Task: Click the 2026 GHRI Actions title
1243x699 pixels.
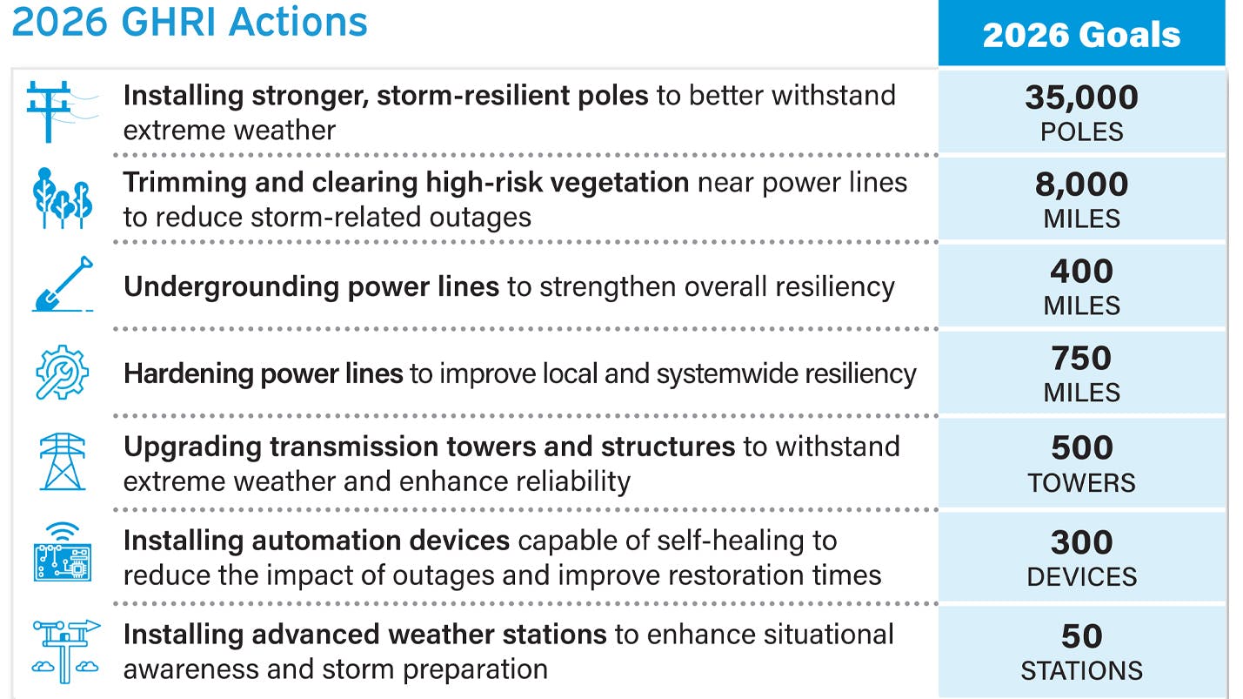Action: [190, 21]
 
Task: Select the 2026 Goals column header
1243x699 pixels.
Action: [1081, 35]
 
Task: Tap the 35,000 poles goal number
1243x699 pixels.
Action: [1081, 97]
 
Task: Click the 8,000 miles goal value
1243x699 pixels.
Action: [1081, 185]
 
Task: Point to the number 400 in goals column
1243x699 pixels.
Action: [1081, 272]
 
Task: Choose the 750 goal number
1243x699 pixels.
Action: [1081, 359]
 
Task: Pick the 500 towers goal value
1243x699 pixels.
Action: [1081, 447]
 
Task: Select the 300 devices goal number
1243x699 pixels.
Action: [1081, 542]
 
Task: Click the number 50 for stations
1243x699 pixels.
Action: [1081, 636]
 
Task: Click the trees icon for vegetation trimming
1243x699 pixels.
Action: [62, 198]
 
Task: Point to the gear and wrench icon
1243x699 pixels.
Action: [62, 373]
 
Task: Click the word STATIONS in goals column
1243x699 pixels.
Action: [1081, 670]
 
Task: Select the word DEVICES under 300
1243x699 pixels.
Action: [1081, 576]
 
